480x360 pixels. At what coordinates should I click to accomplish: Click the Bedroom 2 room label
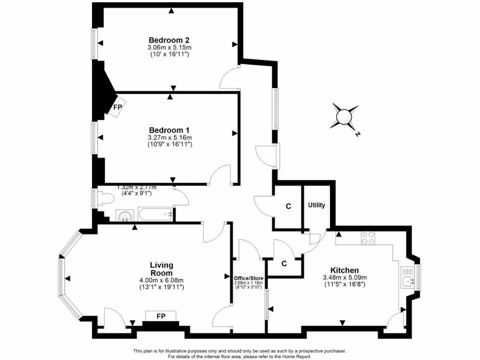click(x=169, y=40)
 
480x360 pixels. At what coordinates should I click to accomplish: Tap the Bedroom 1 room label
click(x=169, y=130)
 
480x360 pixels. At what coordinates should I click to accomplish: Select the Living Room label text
click(x=161, y=269)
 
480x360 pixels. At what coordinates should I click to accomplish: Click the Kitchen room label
click(x=345, y=270)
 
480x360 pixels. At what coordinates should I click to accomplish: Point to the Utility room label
click(x=316, y=205)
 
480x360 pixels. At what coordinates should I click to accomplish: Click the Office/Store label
click(x=249, y=278)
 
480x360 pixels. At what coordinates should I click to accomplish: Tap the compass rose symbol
click(x=345, y=116)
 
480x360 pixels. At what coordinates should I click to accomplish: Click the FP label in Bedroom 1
click(x=117, y=107)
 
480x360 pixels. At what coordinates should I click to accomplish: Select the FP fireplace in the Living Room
click(x=160, y=316)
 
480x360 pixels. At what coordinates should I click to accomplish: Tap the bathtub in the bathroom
click(x=155, y=215)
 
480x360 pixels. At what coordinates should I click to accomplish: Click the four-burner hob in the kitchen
click(x=367, y=238)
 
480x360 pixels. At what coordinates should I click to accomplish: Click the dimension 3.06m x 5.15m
click(x=170, y=48)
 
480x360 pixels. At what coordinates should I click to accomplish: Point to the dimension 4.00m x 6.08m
click(x=161, y=280)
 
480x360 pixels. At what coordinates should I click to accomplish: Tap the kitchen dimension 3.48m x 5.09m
click(x=345, y=277)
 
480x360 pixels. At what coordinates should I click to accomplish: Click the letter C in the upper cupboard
click(x=288, y=206)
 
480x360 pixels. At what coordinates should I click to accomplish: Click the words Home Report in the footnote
click(x=297, y=356)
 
